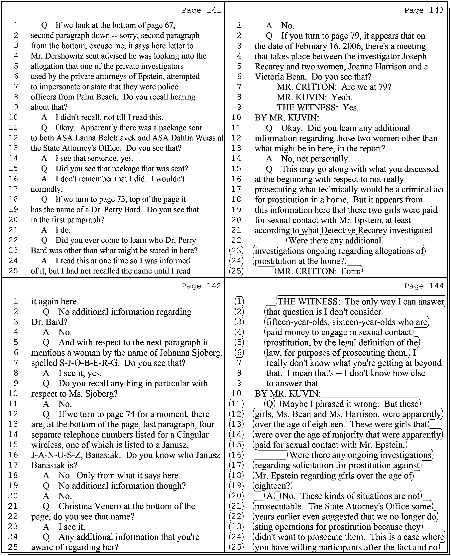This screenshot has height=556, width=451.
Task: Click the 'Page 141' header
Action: click(201, 10)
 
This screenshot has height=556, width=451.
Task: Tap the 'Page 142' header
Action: click(201, 286)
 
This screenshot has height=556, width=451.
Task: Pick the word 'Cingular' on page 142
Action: click(192, 435)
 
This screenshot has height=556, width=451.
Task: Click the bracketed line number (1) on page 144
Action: click(239, 301)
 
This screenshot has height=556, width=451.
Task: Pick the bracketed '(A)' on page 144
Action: click(270, 496)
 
